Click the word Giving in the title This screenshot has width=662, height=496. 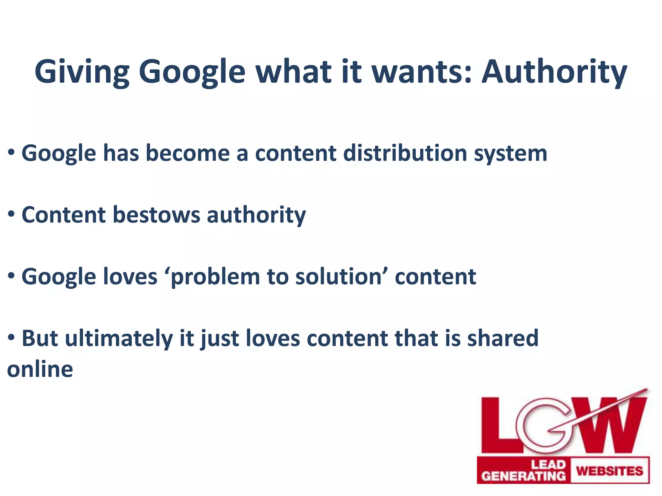pos(82,72)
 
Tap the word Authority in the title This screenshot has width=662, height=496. pos(554,72)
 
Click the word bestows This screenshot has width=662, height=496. pos(156,215)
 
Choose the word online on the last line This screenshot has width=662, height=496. pos(40,369)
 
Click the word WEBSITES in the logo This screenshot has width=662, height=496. pos(610,471)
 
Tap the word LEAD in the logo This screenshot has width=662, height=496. pos(549,465)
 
